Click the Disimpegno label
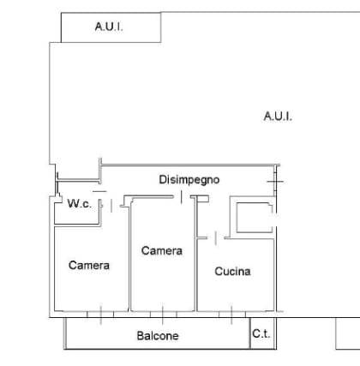189,180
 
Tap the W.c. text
80,204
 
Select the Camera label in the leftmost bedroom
89,266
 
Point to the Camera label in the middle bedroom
162,251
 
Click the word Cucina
232,272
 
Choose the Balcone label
158,336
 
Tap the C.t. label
261,333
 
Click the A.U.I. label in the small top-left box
109,27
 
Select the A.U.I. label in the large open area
278,117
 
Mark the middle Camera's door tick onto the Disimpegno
182,197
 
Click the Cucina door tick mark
216,238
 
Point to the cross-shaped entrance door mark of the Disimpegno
276,182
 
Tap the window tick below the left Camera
101,315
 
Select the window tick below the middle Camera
163,315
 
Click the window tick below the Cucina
231,315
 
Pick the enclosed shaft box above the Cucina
253,217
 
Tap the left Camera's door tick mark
111,206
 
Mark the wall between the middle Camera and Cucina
196,255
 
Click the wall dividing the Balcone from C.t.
250,333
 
